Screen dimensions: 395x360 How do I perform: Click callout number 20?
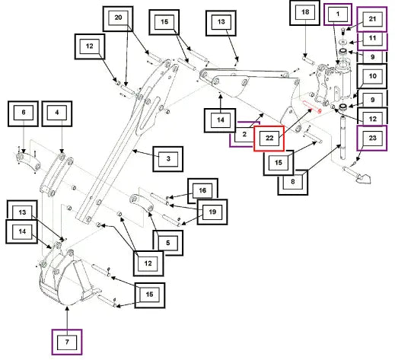point(118,19)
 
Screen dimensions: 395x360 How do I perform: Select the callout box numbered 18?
point(304,13)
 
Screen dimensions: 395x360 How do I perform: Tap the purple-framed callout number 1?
point(338,14)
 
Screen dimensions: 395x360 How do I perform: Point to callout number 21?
point(372,19)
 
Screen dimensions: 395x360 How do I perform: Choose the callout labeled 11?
point(372,40)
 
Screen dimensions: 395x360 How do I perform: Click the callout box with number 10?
point(372,76)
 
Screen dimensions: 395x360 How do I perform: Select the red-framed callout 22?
point(269,139)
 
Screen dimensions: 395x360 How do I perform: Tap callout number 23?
point(372,139)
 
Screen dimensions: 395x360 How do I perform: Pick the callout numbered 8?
point(293,182)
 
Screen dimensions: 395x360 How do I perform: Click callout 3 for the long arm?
point(168,159)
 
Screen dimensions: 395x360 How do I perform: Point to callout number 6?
point(23,113)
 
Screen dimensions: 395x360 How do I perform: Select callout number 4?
point(57,113)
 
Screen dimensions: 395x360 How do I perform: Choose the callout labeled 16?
point(202,191)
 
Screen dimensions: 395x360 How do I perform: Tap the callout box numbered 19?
point(212,212)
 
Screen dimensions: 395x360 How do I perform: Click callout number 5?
point(168,243)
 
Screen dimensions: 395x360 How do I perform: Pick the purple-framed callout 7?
point(67,342)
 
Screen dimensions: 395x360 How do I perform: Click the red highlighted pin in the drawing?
point(312,107)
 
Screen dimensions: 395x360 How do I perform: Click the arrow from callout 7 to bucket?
point(67,318)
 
